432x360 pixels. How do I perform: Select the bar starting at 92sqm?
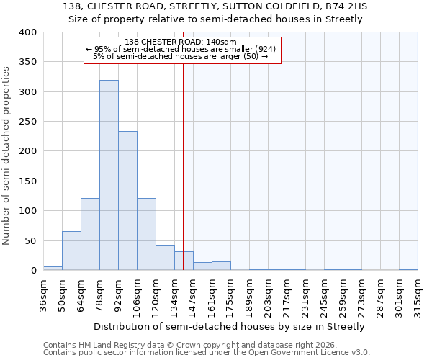click(x=127, y=201)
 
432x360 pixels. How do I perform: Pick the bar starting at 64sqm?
click(x=90, y=234)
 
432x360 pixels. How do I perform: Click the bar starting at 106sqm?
click(x=146, y=234)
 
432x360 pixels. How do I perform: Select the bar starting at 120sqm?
click(x=165, y=258)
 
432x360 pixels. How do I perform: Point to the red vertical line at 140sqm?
click(x=184, y=166)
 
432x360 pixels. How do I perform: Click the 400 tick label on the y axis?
click(x=27, y=32)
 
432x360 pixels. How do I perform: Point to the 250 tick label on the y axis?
click(x=27, y=122)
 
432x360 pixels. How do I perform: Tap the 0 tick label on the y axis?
click(x=33, y=271)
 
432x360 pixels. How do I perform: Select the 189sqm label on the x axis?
click(x=249, y=295)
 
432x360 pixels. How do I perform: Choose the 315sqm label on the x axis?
click(x=418, y=295)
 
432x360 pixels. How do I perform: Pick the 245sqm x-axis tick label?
click(x=324, y=295)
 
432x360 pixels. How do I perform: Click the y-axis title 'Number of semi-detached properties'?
click(x=6, y=155)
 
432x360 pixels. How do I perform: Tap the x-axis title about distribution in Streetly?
click(x=230, y=326)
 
